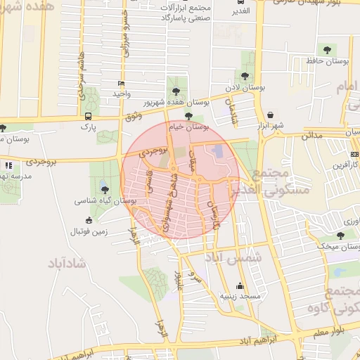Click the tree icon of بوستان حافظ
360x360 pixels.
[x=326, y=49]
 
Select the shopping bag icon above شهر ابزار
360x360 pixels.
[x=271, y=115]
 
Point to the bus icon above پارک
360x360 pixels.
[x=88, y=116]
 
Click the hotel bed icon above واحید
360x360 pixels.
[x=121, y=84]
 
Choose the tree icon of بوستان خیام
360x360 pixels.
[x=188, y=117]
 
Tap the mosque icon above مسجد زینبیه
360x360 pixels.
[x=241, y=286]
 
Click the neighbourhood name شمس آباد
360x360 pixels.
[x=233, y=258]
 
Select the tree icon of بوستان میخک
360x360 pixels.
[x=340, y=236]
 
